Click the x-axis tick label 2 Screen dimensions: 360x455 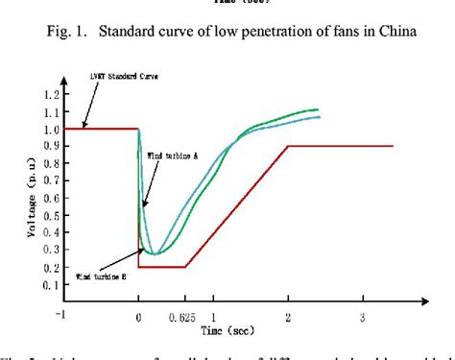pyautogui.click(x=287, y=317)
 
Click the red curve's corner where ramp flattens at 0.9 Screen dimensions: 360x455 pyautogui.click(x=288, y=145)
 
